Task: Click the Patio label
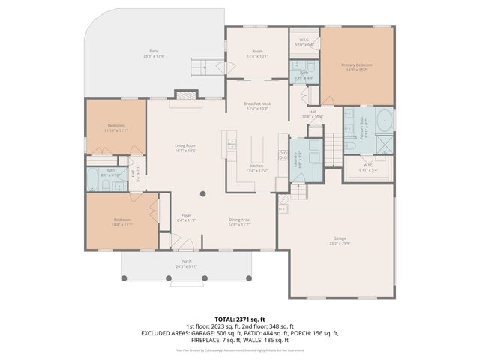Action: pyautogui.click(x=152, y=52)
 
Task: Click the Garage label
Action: pyautogui.click(x=339, y=239)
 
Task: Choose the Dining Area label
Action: pyautogui.click(x=239, y=219)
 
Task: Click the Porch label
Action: pyautogui.click(x=185, y=261)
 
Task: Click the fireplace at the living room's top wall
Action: pyautogui.click(x=185, y=95)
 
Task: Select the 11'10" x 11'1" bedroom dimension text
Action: pyautogui.click(x=115, y=130)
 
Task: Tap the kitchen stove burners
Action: pyautogui.click(x=283, y=156)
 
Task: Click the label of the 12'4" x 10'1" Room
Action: pyautogui.click(x=256, y=52)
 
